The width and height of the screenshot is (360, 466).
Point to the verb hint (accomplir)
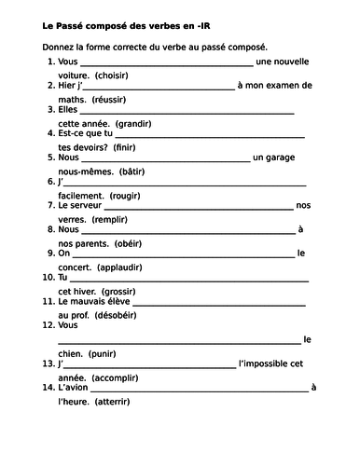(x=111, y=377)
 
